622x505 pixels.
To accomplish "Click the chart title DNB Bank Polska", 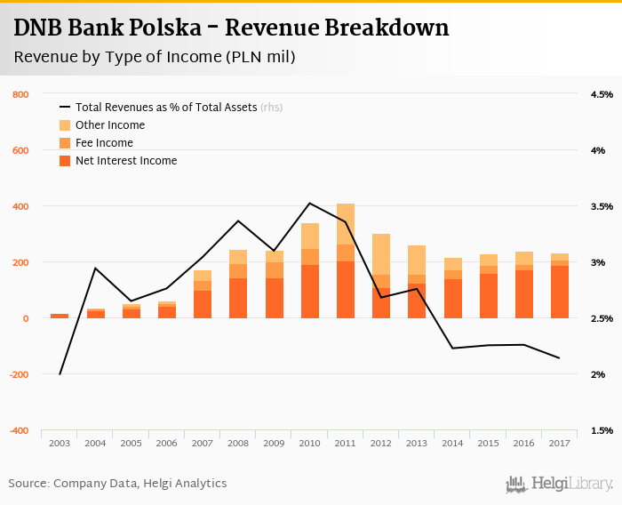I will [231, 28].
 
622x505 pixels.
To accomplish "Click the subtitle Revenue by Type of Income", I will [155, 57].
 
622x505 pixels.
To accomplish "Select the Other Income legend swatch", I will [65, 125].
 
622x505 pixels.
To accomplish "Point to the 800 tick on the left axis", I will [21, 94].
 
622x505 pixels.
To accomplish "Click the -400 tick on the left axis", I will [19, 430].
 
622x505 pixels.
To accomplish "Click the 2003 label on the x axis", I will [60, 443].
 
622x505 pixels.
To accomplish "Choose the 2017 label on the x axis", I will [559, 443].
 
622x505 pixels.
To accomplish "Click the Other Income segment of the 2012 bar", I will [381, 254].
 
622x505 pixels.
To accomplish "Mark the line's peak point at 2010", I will [309, 204].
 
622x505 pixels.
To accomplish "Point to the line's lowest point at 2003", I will [60, 374].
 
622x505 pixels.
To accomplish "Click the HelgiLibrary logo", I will [560, 484].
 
